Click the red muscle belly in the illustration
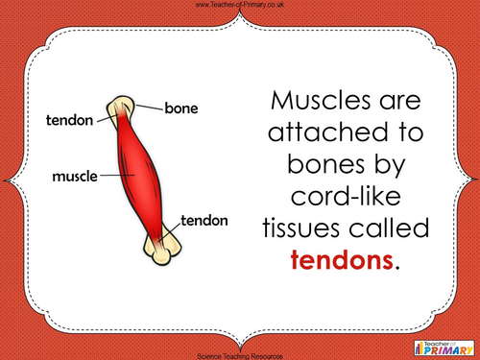coord(141,173)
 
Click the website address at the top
coord(239,6)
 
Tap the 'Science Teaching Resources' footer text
coord(239,354)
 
